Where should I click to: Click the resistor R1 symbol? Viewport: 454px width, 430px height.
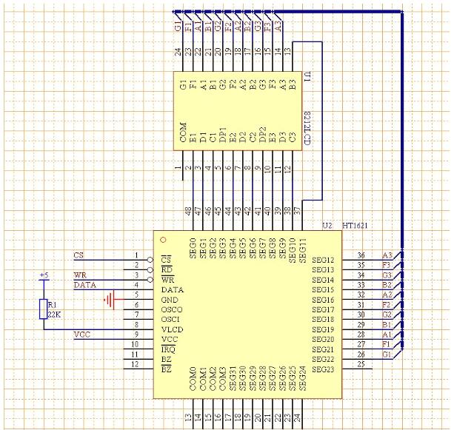click(42, 309)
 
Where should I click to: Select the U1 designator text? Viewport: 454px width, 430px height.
click(305, 78)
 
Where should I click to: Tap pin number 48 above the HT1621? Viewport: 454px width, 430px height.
click(189, 211)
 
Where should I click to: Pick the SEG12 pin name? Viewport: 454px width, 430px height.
click(324, 261)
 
